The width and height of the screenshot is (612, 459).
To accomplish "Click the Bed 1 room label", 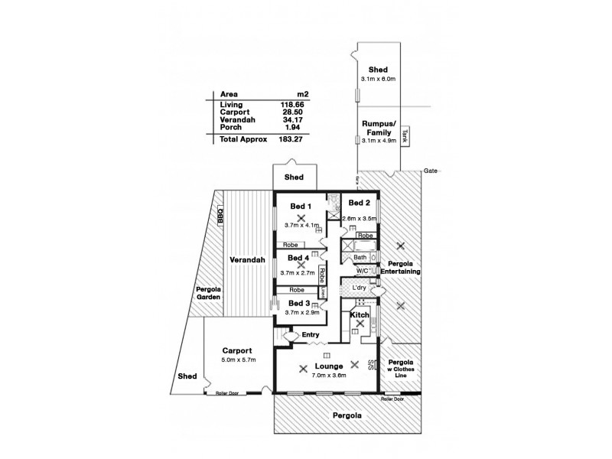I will point(301,206).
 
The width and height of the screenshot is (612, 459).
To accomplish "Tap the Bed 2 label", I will point(360,203).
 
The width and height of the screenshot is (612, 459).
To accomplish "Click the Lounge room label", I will point(328,367).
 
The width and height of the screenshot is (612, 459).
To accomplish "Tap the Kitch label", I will point(360,314).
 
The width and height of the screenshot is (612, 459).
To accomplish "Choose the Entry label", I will point(311,335).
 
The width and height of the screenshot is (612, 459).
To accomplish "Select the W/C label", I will point(363,271).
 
